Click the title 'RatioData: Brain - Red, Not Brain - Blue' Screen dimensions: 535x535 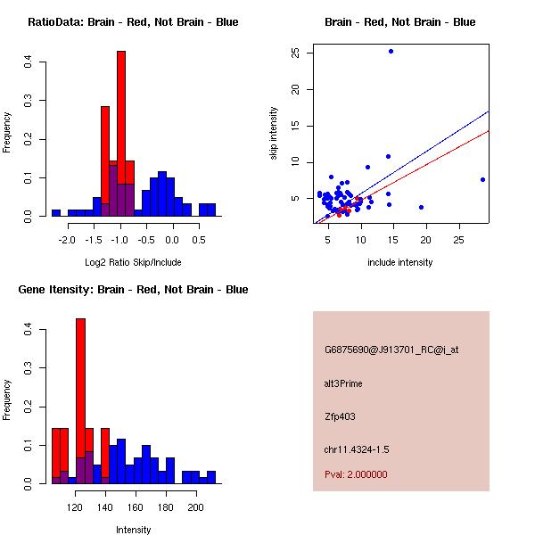tap(133, 22)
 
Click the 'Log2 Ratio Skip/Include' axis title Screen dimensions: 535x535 tap(133, 262)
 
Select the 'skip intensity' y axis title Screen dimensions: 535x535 tap(275, 134)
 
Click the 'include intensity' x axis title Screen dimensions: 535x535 tap(400, 262)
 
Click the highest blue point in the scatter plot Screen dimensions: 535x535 tap(391, 52)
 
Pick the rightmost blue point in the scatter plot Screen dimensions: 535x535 tap(482, 179)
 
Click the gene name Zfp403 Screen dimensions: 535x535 tap(341, 416)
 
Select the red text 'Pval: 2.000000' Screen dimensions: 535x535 tap(357, 474)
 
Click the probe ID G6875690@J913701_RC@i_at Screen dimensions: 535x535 tap(391, 350)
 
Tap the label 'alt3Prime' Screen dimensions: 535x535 tap(343, 384)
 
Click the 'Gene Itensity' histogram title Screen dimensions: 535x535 tap(133, 290)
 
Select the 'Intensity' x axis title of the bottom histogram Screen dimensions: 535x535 tap(133, 530)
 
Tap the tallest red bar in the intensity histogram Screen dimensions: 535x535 tap(80, 401)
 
